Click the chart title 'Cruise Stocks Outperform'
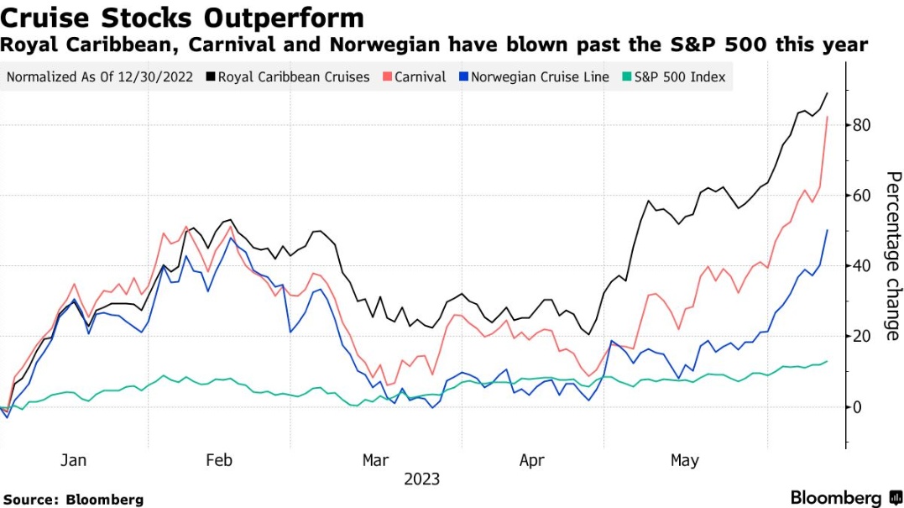pyautogui.click(x=183, y=18)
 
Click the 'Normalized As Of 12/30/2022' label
pyautogui.click(x=99, y=77)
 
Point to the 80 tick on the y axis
pyautogui.click(x=861, y=125)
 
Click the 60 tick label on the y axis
pyautogui.click(x=861, y=196)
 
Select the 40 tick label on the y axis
pyautogui.click(x=861, y=266)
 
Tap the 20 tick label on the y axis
pyautogui.click(x=861, y=337)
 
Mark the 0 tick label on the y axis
pyautogui.click(x=857, y=407)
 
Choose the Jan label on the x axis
pyautogui.click(x=74, y=460)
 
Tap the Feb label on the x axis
pyautogui.click(x=218, y=460)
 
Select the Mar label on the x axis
pyautogui.click(x=375, y=460)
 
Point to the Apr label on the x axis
pyautogui.click(x=532, y=460)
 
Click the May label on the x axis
pyautogui.click(x=685, y=460)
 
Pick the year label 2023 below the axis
pyautogui.click(x=421, y=479)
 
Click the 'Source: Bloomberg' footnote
pyautogui.click(x=73, y=499)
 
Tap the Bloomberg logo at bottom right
pyautogui.click(x=844, y=497)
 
